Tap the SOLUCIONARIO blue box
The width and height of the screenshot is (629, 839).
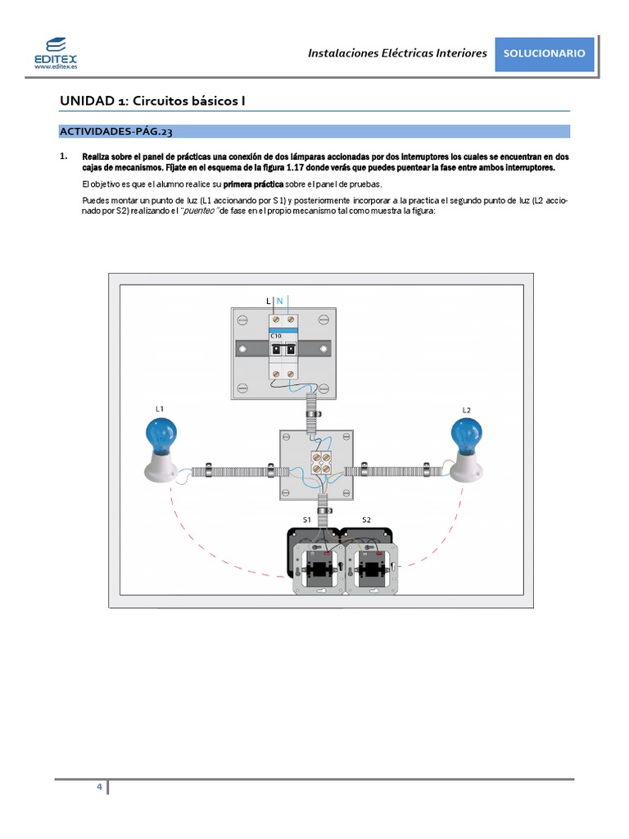tap(544, 53)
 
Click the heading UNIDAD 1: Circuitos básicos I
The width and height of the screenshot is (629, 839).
tap(153, 101)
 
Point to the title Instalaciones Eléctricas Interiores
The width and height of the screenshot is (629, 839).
tap(397, 53)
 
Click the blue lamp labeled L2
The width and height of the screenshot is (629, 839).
tap(467, 434)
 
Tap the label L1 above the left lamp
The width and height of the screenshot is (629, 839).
tap(160, 408)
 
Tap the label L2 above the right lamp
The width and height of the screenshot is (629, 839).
tap(466, 409)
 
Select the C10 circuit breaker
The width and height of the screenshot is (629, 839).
tap(283, 350)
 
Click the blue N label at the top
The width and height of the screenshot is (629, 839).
tap(279, 302)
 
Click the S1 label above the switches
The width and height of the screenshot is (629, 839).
tap(307, 519)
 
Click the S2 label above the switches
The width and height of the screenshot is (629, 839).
tap(366, 519)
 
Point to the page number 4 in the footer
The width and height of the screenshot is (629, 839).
tap(99, 787)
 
